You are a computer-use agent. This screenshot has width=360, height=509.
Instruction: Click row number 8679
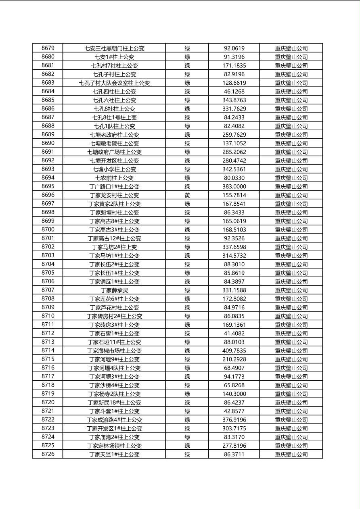tap(48, 48)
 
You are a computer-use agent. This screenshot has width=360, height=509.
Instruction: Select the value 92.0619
tap(234, 48)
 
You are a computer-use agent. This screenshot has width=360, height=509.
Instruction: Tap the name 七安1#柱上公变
tap(114, 57)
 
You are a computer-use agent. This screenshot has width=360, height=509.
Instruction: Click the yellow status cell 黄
tap(187, 195)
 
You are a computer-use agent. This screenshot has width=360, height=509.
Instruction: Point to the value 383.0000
tap(234, 187)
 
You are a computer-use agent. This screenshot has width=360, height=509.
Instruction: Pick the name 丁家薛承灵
tap(114, 290)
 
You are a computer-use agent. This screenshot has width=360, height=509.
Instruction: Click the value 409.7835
tap(234, 351)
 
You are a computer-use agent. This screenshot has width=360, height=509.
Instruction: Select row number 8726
tap(48, 454)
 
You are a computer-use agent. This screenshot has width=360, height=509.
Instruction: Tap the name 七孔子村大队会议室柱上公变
tap(114, 83)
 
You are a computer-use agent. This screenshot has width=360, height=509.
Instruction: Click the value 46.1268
tap(234, 92)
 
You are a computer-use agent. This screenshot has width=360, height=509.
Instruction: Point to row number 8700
tap(48, 229)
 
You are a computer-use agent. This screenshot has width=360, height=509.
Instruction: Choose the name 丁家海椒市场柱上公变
tap(114, 351)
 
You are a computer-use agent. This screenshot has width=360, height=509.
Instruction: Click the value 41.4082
tap(234, 334)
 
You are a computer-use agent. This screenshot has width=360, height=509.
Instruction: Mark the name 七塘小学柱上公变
tap(114, 169)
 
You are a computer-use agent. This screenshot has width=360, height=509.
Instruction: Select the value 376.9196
tap(234, 420)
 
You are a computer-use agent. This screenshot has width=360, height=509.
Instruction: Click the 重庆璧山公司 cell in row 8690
tap(291, 144)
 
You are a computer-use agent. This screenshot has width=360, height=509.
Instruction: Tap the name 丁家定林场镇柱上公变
tap(114, 446)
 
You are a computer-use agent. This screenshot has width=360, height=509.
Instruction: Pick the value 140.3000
tap(234, 394)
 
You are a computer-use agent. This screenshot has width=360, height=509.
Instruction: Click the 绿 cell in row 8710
tap(187, 316)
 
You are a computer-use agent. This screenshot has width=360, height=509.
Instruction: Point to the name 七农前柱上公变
tap(114, 178)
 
